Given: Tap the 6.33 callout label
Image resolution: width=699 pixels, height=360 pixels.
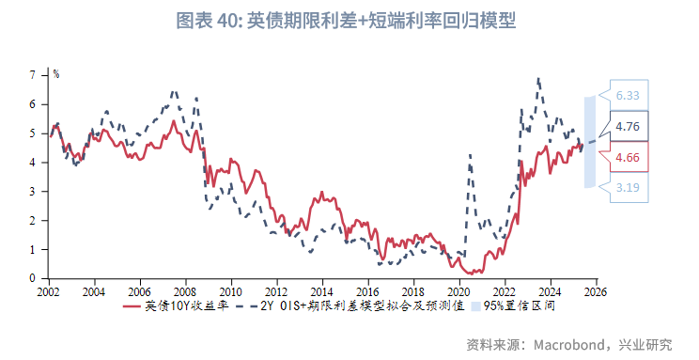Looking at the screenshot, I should [x=628, y=95].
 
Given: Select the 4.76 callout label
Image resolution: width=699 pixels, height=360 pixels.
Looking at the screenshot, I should [x=628, y=126].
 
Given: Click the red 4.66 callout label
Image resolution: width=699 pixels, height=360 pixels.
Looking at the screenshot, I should [x=628, y=157].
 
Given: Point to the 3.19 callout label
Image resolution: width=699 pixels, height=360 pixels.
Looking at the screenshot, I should [x=628, y=188].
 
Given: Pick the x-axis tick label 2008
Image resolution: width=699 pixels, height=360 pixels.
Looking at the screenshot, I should [x=185, y=291].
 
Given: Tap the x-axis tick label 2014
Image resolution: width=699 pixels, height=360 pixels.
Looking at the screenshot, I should [x=321, y=291].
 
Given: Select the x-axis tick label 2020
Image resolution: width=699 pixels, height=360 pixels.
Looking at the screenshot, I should [x=458, y=291].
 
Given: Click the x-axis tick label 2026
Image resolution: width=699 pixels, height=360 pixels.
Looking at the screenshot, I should [x=594, y=291].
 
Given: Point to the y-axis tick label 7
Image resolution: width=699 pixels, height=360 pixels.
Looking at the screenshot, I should [x=33, y=74].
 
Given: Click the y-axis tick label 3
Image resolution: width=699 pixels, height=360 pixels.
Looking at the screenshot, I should [x=33, y=191].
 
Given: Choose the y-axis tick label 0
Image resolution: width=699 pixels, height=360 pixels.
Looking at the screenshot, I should [x=33, y=278].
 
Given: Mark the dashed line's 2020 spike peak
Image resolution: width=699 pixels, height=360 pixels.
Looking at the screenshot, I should [x=469, y=154].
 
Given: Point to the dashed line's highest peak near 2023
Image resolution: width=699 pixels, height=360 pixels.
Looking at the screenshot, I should [x=538, y=79].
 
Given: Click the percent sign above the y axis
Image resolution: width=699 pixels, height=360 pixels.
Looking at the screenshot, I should [x=56, y=73].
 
